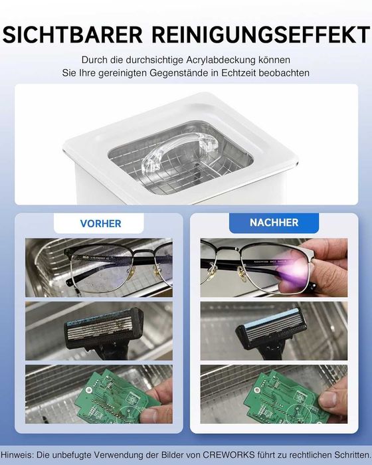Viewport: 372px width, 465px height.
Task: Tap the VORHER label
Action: pos(100,223)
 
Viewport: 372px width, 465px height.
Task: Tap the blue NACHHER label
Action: pos(274,223)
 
